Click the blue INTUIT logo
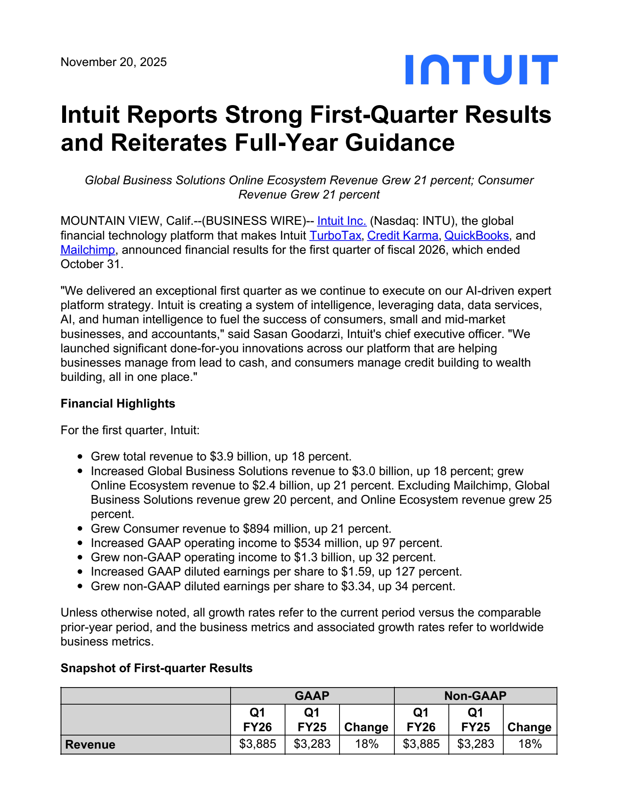point(481,70)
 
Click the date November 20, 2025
point(114,62)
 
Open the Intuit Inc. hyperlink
point(341,221)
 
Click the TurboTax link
point(335,235)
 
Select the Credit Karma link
point(402,235)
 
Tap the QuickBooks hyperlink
point(476,235)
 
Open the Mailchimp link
point(88,250)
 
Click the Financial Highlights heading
point(118,404)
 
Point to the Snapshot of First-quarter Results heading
point(156,668)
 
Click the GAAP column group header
point(312,696)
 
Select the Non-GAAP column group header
point(475,696)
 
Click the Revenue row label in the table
point(90,744)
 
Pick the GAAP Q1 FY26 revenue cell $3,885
point(257,744)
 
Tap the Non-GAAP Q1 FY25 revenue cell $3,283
point(475,744)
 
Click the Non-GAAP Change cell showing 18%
point(530,744)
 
